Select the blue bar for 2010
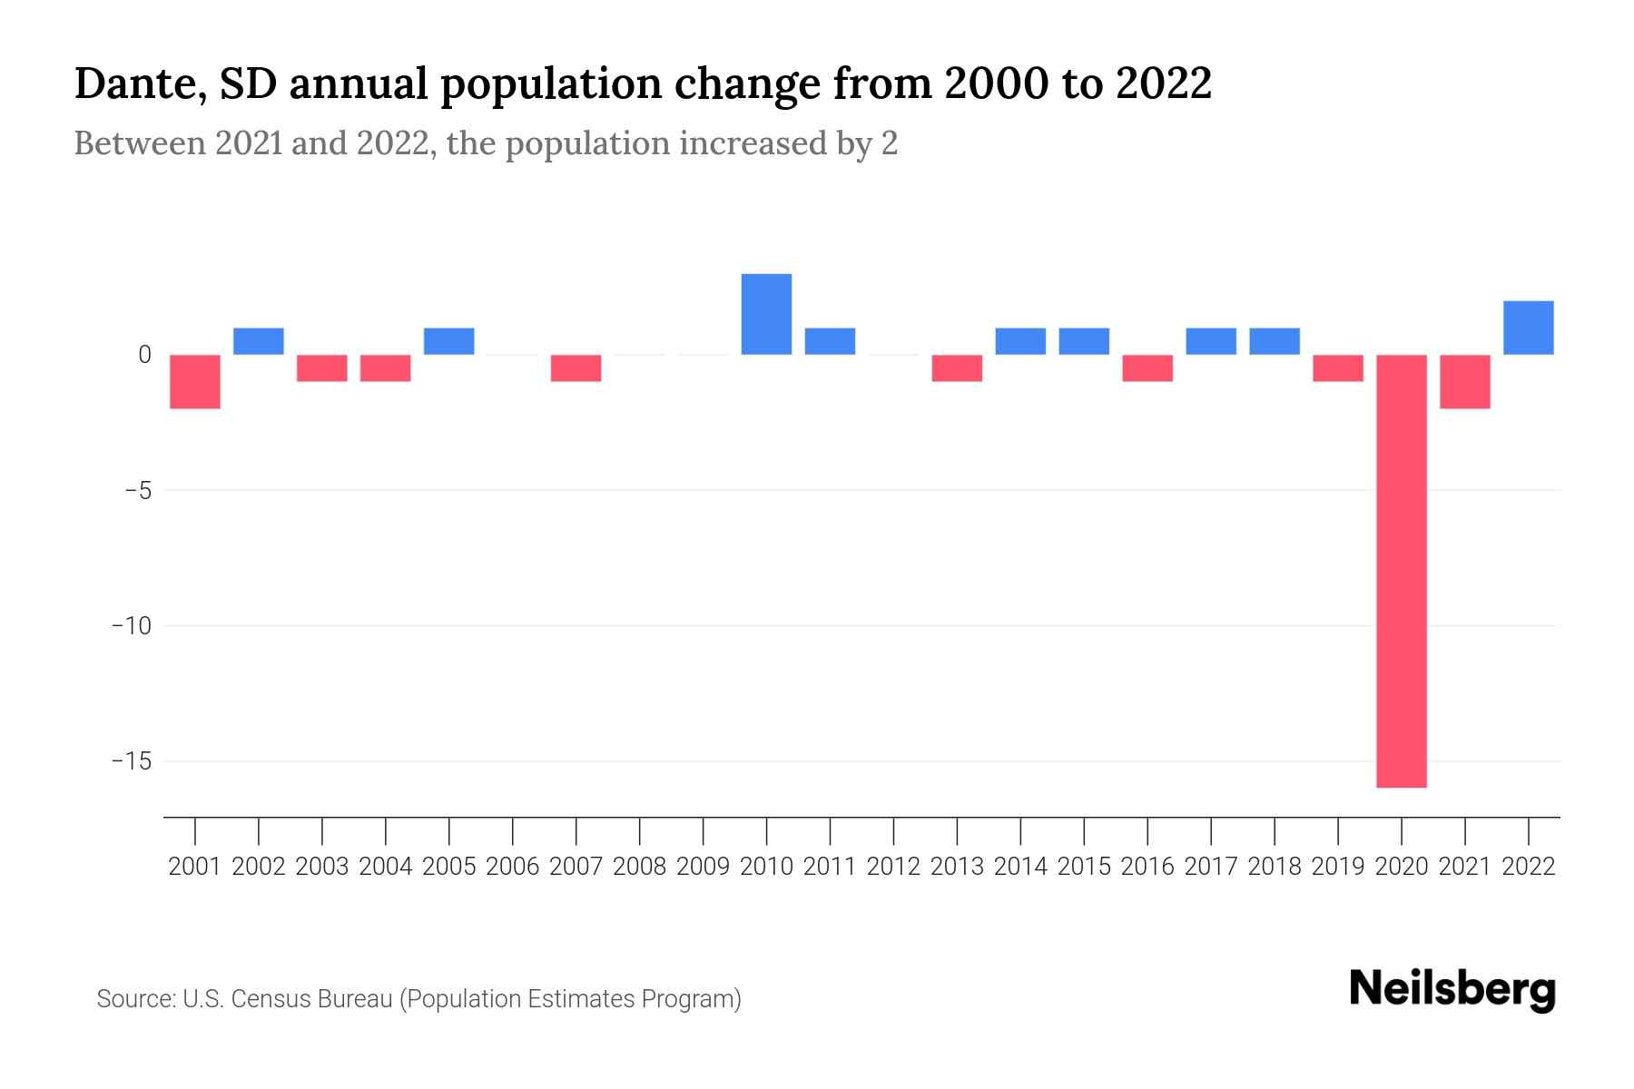(766, 314)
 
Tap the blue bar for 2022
(1528, 328)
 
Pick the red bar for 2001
(195, 381)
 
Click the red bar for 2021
(1464, 381)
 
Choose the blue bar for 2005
(448, 341)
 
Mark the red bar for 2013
(957, 368)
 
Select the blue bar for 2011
(830, 341)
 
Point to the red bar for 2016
(1147, 368)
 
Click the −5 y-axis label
(137, 491)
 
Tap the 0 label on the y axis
(144, 355)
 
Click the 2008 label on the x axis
(639, 867)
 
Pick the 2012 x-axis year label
(893, 867)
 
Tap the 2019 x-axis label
(1337, 867)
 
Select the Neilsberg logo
(1452, 989)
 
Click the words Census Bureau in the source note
(312, 999)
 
